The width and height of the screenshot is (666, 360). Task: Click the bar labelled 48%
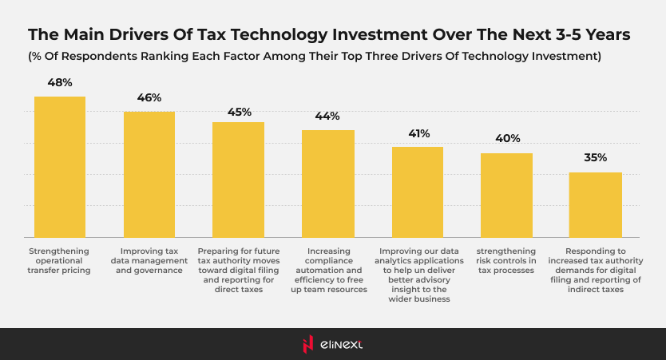[x=59, y=167]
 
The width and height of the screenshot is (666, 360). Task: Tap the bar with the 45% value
[x=238, y=180]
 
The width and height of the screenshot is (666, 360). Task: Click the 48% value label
[x=60, y=82]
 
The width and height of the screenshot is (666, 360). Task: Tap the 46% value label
[x=149, y=97]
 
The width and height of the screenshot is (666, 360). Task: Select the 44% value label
[x=327, y=116]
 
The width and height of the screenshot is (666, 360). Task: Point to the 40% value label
[x=507, y=139]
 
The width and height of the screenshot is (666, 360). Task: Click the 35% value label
[x=596, y=158]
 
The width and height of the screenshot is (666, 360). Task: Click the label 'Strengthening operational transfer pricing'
[x=60, y=260]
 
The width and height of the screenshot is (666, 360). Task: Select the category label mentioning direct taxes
[x=238, y=270]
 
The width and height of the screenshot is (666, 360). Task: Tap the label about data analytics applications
[x=418, y=275]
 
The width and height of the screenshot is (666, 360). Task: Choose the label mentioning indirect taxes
[x=596, y=270]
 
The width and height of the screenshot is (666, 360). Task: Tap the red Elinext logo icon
[x=309, y=344]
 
